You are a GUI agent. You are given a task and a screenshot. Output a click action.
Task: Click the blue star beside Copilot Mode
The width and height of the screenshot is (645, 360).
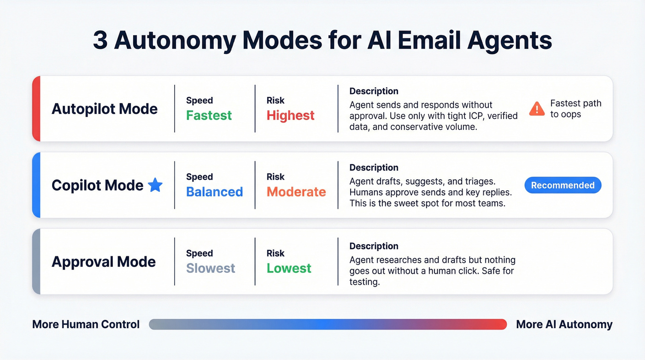[155, 185]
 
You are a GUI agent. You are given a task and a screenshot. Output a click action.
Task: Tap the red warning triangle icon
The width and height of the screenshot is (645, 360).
[537, 109]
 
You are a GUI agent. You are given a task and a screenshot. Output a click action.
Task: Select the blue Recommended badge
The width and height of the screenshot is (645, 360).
[563, 185]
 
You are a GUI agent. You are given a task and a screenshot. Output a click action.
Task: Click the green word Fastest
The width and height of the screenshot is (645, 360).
[209, 115]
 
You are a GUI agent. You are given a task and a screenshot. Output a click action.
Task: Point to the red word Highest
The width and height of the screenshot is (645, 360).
[290, 115]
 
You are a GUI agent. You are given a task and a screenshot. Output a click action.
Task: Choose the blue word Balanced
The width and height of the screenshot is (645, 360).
[214, 192]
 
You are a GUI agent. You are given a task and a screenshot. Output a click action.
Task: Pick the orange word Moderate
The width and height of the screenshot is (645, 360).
[296, 192]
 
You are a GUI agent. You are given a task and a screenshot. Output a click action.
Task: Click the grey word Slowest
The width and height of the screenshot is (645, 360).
[211, 268]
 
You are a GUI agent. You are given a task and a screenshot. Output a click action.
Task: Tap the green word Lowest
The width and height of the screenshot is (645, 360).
[289, 268]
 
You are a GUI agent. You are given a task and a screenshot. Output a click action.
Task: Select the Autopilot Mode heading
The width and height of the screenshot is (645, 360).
[105, 109]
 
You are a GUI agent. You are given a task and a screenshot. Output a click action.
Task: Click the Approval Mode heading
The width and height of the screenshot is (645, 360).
[104, 262]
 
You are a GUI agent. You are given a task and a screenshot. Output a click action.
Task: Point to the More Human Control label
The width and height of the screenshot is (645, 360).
[86, 325]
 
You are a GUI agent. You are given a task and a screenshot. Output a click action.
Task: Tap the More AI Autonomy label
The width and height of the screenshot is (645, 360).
[564, 325]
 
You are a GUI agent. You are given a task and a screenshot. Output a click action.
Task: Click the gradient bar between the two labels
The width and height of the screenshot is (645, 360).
[328, 325]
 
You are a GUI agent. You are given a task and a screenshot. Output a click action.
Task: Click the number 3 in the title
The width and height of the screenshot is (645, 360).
[100, 41]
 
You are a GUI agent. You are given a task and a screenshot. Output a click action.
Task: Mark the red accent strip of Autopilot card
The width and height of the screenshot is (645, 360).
[36, 109]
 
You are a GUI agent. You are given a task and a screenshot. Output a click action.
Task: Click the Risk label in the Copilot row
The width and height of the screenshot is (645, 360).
[276, 177]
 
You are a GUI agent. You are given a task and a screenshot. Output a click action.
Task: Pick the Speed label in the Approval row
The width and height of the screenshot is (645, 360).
[199, 254]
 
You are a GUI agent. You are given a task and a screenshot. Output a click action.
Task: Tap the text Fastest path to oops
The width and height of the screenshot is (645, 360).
[576, 109]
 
